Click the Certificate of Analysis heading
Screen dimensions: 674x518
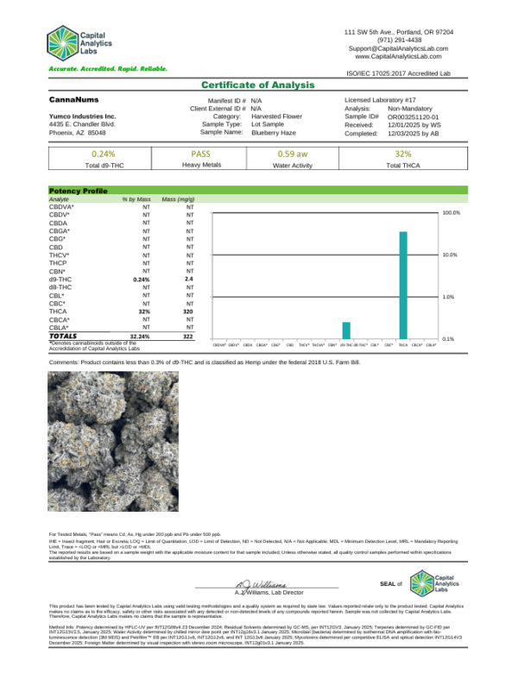(258, 85)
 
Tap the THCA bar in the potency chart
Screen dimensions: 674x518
(403, 285)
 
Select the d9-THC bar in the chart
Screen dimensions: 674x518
(346, 331)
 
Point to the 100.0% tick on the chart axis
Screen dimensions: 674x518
(452, 212)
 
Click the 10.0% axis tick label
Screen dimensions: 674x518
(451, 255)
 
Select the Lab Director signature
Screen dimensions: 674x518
(257, 583)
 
